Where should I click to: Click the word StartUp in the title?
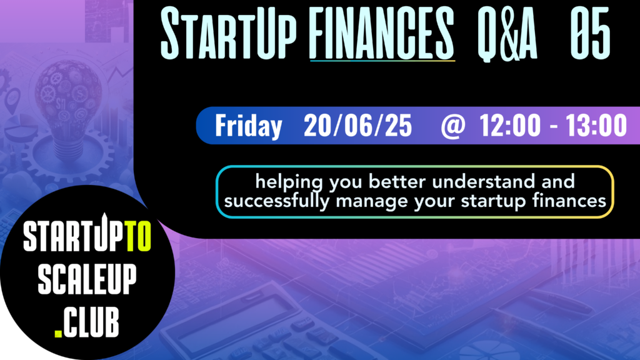228,33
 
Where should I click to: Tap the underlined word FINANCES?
382,33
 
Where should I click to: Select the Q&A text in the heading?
507,34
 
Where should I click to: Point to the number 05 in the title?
590,34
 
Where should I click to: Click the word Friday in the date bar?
249,126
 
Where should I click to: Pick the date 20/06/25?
357,125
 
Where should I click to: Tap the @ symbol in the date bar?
453,126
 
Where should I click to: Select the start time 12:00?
510,125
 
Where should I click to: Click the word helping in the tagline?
289,182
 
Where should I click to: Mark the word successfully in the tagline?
277,201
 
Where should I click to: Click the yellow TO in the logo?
138,236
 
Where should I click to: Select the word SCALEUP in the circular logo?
87,279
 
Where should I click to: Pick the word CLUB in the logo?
91,322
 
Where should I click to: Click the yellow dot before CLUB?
58,334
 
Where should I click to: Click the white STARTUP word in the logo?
74,235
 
